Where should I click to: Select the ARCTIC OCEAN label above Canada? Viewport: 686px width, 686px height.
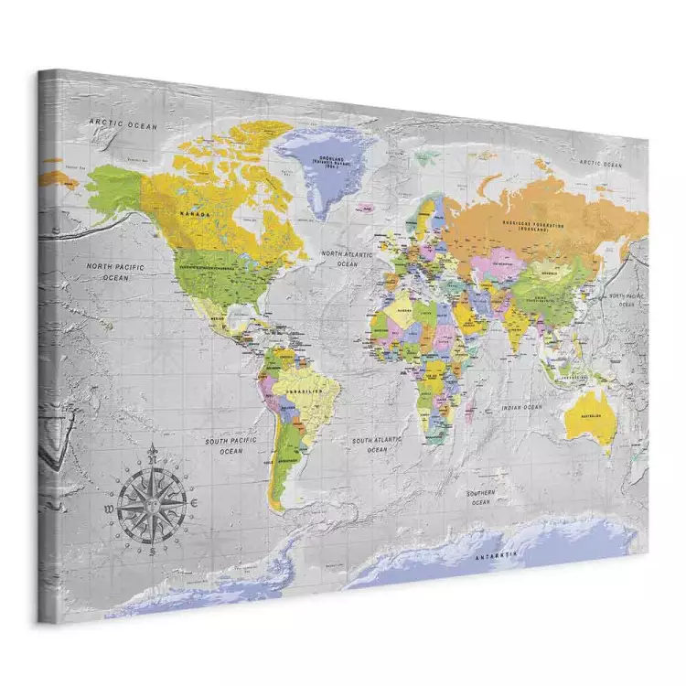[x=123, y=123]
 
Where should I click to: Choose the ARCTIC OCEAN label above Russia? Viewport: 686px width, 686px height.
[x=600, y=165]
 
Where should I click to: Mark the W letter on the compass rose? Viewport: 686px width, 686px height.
[x=109, y=505]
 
